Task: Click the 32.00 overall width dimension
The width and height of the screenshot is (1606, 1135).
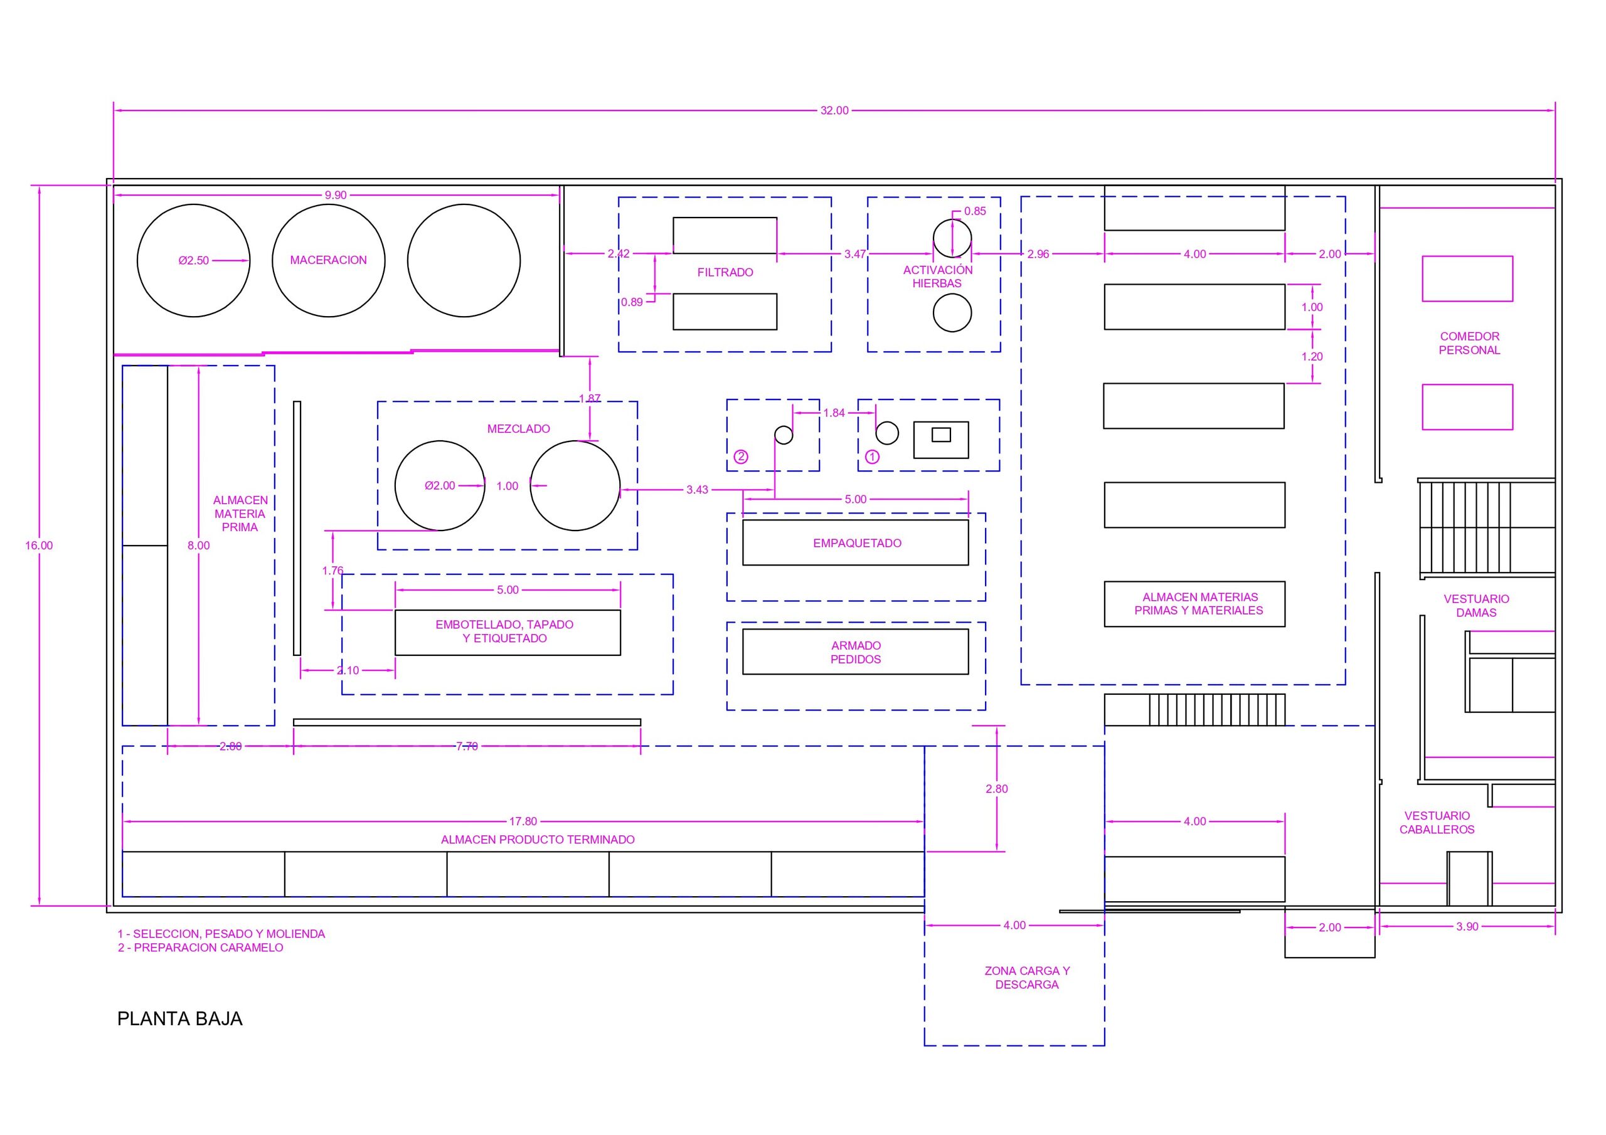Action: pyautogui.click(x=834, y=110)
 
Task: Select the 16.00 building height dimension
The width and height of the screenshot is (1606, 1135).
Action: pyautogui.click(x=38, y=546)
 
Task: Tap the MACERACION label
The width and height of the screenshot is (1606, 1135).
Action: pyautogui.click(x=328, y=260)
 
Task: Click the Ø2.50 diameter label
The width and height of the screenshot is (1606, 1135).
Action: pyautogui.click(x=194, y=261)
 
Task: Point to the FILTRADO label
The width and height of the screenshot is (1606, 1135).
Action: pyautogui.click(x=725, y=273)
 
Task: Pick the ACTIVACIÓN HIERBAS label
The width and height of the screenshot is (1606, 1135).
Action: pyautogui.click(x=937, y=277)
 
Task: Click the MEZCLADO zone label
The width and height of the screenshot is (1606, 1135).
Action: pyautogui.click(x=518, y=429)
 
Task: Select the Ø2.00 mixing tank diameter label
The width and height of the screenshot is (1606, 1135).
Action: pyautogui.click(x=440, y=486)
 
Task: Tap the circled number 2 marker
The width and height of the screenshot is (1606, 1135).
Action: pyautogui.click(x=741, y=457)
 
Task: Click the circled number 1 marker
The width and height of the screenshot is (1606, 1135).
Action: pyautogui.click(x=872, y=457)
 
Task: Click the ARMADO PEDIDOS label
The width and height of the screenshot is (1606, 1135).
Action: pyautogui.click(x=856, y=652)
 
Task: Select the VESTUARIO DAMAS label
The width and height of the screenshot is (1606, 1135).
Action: pyautogui.click(x=1476, y=606)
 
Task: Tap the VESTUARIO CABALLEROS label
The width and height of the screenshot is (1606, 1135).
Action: pyautogui.click(x=1437, y=822)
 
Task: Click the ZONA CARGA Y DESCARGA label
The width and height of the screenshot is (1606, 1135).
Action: pyautogui.click(x=1027, y=978)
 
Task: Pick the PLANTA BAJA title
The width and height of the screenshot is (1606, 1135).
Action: pyautogui.click(x=180, y=1019)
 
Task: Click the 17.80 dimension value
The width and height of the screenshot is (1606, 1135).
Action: pyautogui.click(x=523, y=821)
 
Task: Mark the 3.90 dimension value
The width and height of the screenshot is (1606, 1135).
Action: pyautogui.click(x=1467, y=927)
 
